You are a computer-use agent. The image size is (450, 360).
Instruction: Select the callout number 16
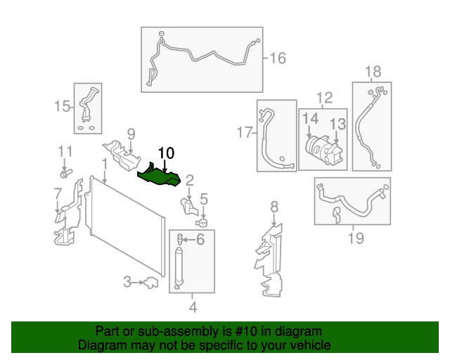[x=278, y=58]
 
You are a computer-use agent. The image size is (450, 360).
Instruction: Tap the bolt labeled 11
[x=65, y=173]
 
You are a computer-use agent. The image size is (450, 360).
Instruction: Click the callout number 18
[x=373, y=72]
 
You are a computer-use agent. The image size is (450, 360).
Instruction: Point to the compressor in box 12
[x=325, y=150]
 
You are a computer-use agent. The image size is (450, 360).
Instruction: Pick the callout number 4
[x=193, y=307]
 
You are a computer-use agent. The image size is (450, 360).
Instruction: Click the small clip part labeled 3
[x=151, y=283]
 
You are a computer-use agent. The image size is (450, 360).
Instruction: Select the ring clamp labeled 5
[x=202, y=222]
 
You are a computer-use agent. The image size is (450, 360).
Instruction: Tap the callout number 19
[x=356, y=238]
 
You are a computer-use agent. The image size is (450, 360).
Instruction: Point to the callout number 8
[x=274, y=207]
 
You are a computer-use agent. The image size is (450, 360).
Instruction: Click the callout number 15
[x=62, y=106]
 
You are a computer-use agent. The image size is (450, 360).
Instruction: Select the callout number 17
[x=245, y=133]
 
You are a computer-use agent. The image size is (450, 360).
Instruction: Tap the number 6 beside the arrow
[x=200, y=240]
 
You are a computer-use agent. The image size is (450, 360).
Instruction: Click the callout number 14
[x=311, y=118]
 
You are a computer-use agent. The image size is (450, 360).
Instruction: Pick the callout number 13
[x=337, y=124]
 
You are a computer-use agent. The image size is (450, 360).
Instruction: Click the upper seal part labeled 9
[x=122, y=155]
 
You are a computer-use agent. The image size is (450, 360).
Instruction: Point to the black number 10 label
[x=166, y=153]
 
